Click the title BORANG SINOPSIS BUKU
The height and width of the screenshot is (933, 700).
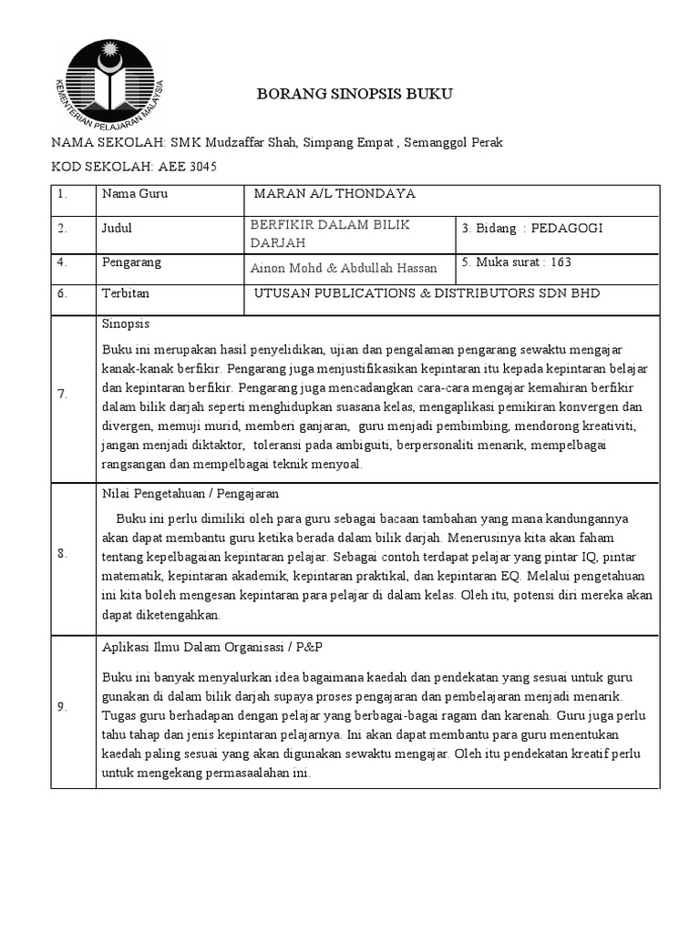tap(355, 94)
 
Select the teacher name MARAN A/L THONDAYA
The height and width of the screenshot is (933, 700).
tap(335, 194)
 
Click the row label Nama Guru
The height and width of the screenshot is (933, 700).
tap(135, 194)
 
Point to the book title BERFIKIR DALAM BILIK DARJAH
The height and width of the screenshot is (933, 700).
tap(330, 233)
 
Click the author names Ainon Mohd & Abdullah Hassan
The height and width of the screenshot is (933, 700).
tap(344, 267)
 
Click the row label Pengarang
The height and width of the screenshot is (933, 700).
tap(132, 262)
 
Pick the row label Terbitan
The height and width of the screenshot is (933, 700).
tap(126, 293)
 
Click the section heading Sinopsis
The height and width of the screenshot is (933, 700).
tap(126, 323)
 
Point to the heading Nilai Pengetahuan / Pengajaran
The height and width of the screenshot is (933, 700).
tap(190, 494)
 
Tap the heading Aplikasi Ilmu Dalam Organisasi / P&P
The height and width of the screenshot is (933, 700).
tap(211, 646)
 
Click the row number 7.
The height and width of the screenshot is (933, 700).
tap(62, 394)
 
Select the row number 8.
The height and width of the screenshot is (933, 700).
tap(62, 554)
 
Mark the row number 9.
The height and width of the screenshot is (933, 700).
tap(62, 706)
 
